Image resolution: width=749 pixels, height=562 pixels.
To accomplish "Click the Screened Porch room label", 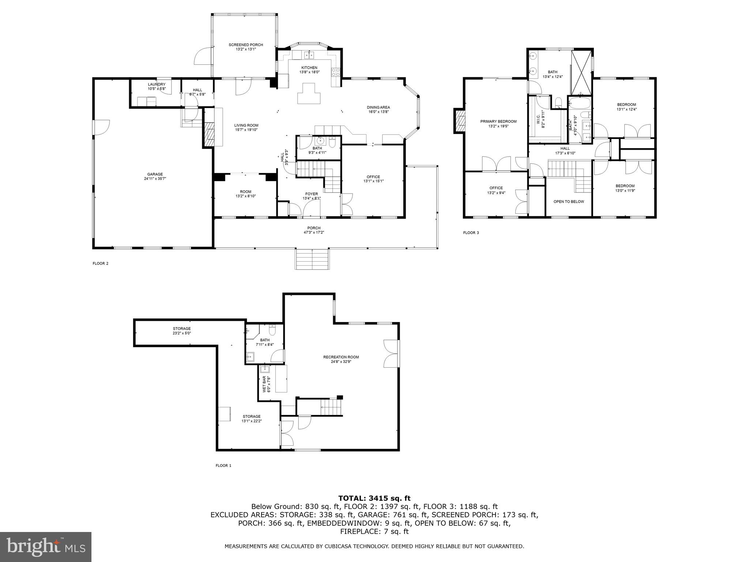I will coord(246,45).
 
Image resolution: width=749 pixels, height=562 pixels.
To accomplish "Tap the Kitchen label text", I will coord(309,68).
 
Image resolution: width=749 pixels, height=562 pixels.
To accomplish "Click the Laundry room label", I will coord(157,85).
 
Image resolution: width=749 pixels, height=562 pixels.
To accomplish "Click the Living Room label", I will coord(246,125).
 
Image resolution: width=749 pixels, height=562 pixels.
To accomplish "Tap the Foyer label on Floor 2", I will coord(312,194).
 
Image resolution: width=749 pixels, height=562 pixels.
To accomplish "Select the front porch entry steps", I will coord(312,259).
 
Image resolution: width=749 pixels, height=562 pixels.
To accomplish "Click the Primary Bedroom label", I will coord(498,121).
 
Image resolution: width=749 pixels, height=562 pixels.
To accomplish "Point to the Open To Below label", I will coord(569,202).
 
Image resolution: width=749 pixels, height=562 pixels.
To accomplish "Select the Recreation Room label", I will coord(341,357).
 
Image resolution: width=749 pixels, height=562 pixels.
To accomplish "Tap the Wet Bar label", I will coord(264,384).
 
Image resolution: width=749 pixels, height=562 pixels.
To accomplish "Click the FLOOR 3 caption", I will coord(471,233).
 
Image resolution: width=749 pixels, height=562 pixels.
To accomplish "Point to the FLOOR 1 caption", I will coord(223,466).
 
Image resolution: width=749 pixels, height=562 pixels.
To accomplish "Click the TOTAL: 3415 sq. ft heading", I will coord(374,498).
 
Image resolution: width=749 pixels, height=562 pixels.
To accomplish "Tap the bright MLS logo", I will coord(45,547).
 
